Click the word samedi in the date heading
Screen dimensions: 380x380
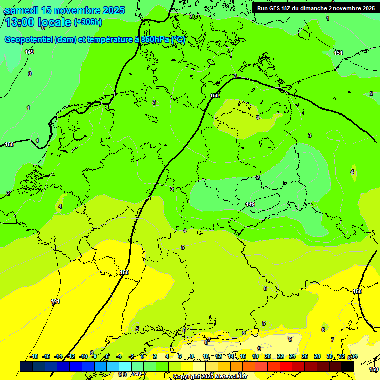[21, 10]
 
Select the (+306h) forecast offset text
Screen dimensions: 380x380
[88, 22]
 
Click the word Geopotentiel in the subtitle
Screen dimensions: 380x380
[29, 40]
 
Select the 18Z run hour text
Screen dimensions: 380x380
[285, 8]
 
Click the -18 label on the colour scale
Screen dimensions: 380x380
[34, 356]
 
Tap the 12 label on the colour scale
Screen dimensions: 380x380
[218, 356]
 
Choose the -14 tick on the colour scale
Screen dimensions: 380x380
[58, 356]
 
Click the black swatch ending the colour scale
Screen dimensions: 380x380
[347, 366]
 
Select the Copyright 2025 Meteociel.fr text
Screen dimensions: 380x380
[210, 377]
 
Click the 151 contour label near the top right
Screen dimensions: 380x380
[338, 53]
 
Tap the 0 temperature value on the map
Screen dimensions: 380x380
[30, 74]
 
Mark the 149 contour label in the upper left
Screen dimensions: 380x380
[29, 52]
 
